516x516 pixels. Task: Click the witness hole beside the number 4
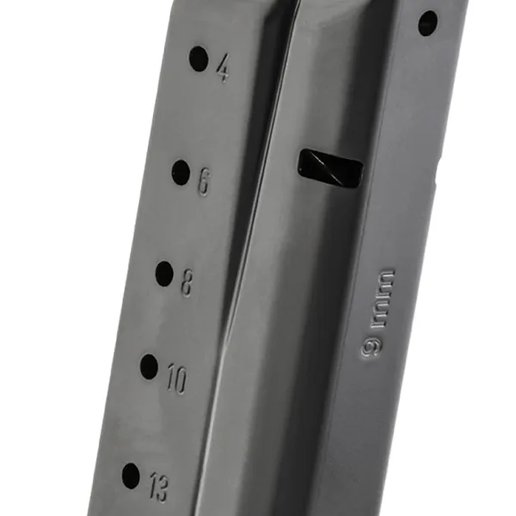pyautogui.click(x=199, y=59)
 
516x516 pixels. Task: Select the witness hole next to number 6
pyautogui.click(x=181, y=172)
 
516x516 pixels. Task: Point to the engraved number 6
pyautogui.click(x=204, y=181)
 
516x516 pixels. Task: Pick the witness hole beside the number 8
pyautogui.click(x=164, y=273)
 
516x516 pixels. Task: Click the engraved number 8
pyautogui.click(x=187, y=283)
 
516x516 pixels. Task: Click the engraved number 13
pyautogui.click(x=157, y=486)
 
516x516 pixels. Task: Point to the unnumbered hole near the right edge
pyautogui.click(x=427, y=23)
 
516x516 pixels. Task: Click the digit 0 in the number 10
pyautogui.click(x=180, y=379)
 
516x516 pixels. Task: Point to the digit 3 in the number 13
pyautogui.click(x=163, y=488)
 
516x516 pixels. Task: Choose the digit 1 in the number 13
pyautogui.click(x=151, y=483)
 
